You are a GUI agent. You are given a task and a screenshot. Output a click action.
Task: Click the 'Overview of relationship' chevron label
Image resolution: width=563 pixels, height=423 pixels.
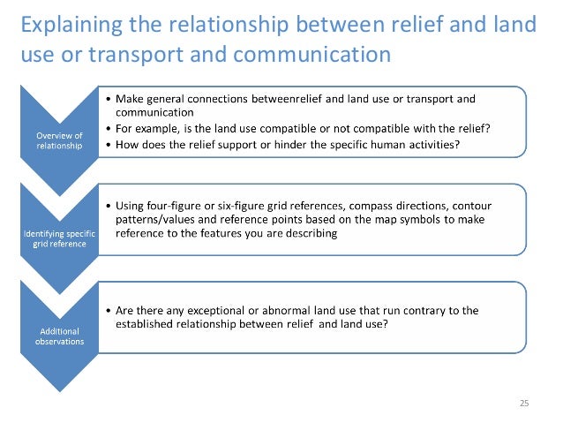[59, 140]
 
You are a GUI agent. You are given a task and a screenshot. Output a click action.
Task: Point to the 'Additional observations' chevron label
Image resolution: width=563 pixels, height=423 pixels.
[59, 336]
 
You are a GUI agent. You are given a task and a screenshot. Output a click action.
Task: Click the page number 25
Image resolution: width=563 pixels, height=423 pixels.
[523, 403]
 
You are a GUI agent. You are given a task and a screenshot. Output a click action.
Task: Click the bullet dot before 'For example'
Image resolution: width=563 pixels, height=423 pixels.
[108, 127]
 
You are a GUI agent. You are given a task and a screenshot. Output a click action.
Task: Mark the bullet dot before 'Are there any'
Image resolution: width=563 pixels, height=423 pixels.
[108, 310]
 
